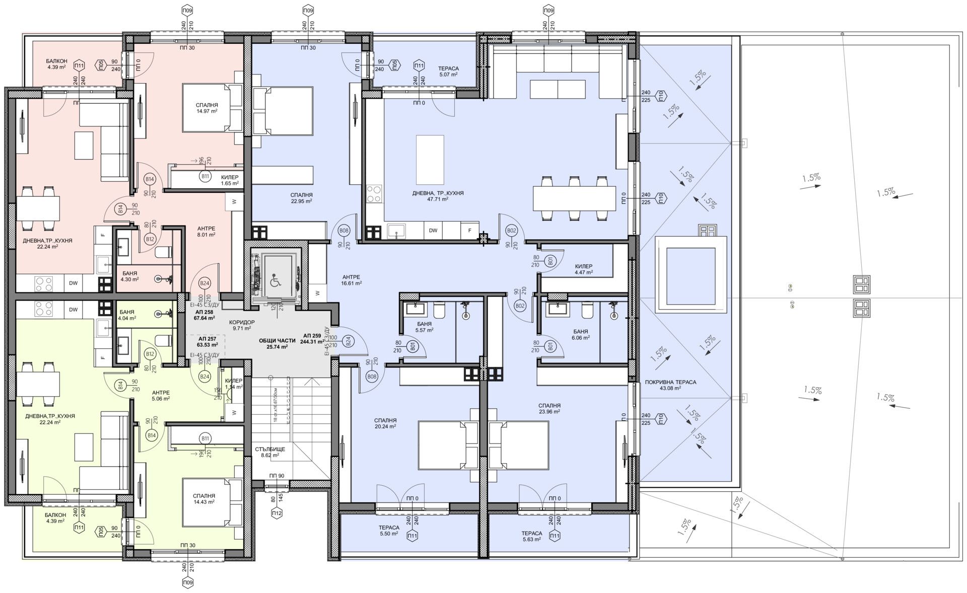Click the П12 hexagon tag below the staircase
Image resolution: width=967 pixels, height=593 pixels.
point(277,513)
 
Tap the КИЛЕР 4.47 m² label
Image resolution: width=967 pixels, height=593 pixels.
point(584,269)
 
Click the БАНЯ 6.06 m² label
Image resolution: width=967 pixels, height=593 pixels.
point(581,335)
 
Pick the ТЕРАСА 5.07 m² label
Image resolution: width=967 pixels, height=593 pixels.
point(448,71)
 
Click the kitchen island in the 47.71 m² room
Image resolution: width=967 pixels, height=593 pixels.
point(430,160)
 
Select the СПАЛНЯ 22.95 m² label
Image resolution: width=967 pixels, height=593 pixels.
point(301,198)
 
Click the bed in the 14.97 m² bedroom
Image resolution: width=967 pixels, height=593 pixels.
point(212,108)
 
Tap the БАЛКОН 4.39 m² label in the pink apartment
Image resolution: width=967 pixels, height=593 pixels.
point(56,64)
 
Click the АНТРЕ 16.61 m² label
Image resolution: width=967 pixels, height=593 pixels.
point(351,280)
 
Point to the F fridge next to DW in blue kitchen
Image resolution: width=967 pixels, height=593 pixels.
point(470,231)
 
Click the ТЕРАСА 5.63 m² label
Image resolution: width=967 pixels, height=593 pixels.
point(531,536)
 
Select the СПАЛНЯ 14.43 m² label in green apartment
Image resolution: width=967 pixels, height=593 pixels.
point(203,499)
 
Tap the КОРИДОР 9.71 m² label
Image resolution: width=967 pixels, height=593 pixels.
point(242,325)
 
